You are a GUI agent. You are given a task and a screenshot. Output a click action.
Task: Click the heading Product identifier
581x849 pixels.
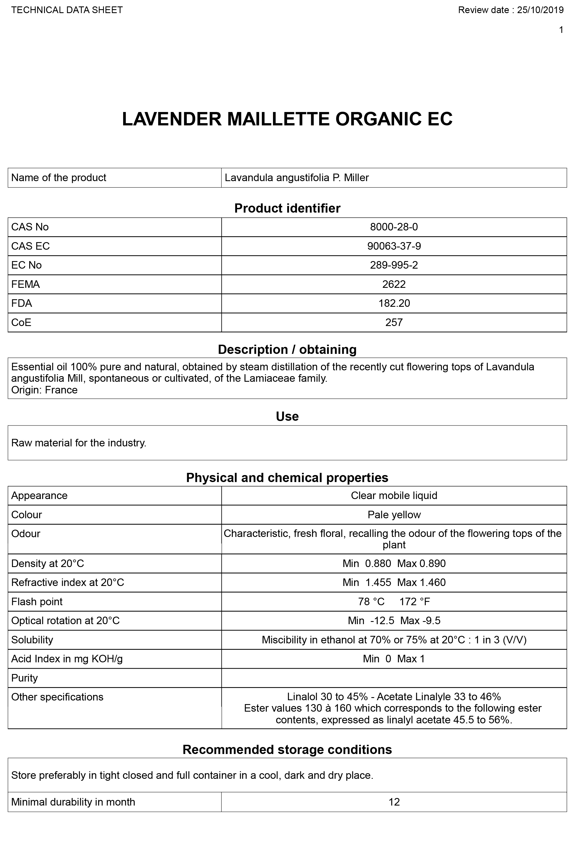(287, 208)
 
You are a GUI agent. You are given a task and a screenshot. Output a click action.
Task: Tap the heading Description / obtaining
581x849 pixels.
(287, 350)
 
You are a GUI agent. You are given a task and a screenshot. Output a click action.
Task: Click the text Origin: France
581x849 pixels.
(44, 390)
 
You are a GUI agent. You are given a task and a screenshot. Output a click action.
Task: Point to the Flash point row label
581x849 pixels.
(37, 602)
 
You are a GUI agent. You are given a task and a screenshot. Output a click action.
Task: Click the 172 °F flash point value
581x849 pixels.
(414, 602)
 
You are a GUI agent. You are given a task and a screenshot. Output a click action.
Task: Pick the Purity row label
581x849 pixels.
(25, 678)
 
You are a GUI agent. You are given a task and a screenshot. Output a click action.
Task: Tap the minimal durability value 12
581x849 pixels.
(394, 802)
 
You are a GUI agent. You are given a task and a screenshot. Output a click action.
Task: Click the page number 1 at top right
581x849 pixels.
(561, 30)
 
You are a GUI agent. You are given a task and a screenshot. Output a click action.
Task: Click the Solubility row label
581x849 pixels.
(32, 640)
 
